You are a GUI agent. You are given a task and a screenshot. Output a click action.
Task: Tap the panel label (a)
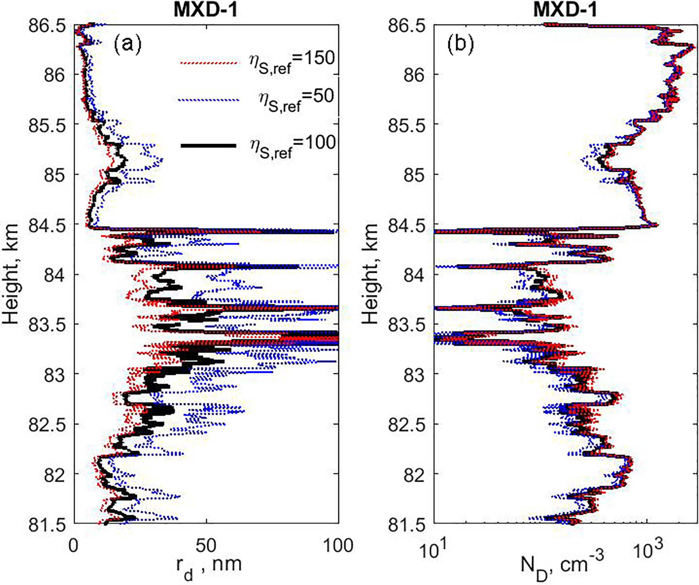[x=127, y=44]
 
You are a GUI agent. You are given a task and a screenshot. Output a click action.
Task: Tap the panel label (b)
[x=460, y=44]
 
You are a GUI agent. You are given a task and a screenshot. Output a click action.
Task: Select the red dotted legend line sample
[x=208, y=63]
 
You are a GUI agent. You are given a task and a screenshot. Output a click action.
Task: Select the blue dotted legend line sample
[x=208, y=100]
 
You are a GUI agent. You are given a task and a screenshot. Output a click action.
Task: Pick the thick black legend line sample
[x=208, y=145]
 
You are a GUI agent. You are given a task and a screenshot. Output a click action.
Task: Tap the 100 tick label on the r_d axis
[x=339, y=545]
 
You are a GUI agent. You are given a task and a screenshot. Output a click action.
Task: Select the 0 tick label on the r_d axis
[x=74, y=545]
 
